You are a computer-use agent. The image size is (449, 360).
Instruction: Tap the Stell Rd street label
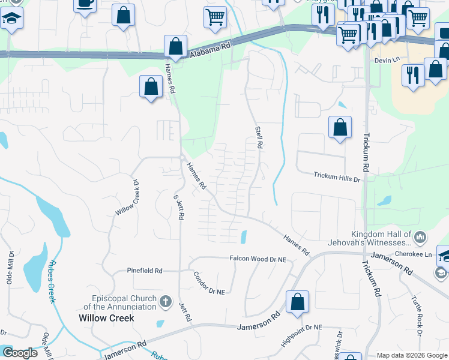coord(259,137)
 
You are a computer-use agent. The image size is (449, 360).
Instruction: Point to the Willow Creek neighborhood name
coord(107,317)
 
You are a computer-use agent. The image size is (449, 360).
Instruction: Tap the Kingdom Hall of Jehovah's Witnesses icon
coord(420,238)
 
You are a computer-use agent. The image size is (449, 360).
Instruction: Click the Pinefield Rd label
coord(145,271)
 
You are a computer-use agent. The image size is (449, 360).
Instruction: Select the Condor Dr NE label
coord(209,283)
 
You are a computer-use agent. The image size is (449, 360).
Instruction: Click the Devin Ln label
coord(387,61)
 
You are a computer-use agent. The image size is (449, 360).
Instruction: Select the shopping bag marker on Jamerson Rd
coord(297,302)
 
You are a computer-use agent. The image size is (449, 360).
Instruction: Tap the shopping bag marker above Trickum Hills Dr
coord(340,127)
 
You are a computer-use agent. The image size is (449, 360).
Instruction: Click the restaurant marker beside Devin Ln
coord(412,75)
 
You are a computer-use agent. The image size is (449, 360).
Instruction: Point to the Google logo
coord(20,353)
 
